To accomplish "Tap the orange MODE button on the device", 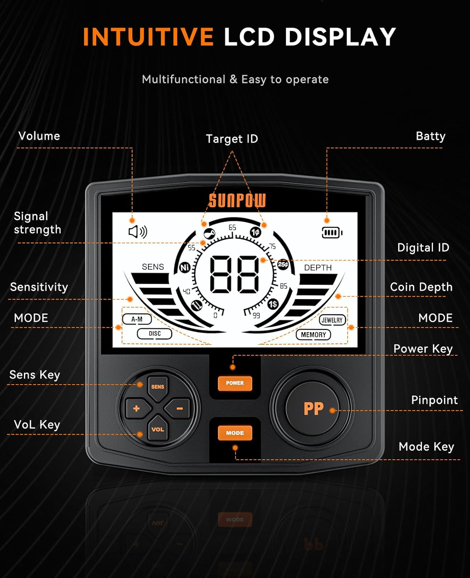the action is [235, 433].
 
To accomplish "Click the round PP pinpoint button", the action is [313, 408].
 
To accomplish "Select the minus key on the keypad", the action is [179, 408].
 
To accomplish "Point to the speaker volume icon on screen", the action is [138, 232].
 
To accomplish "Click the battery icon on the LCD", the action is [332, 233].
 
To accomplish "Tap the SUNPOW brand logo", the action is [237, 201].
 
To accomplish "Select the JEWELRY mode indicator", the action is [332, 320].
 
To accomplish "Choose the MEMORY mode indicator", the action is [313, 334].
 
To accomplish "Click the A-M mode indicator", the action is [137, 319].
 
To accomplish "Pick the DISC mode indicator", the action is [155, 333].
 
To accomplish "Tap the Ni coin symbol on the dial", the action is [185, 267].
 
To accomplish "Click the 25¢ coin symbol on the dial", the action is [283, 264].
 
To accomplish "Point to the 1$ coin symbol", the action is [273, 304].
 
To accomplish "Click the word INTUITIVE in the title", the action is [148, 37].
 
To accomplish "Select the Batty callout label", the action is [431, 136].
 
